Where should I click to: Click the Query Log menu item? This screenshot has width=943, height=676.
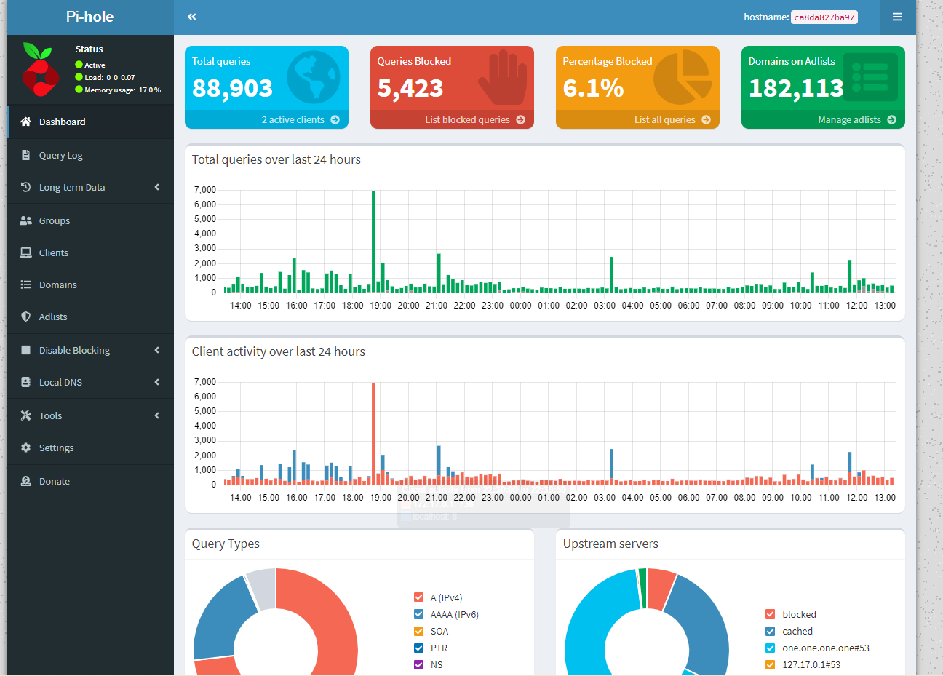(x=60, y=155)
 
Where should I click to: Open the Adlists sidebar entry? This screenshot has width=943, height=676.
(x=52, y=317)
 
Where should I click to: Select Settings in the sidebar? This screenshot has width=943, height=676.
(x=56, y=448)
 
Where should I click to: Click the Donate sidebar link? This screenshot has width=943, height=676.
(x=54, y=481)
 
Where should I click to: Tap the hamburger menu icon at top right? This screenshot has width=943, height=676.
(x=897, y=17)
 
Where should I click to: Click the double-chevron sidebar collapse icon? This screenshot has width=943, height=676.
(x=191, y=17)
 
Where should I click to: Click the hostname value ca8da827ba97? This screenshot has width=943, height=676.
(x=824, y=17)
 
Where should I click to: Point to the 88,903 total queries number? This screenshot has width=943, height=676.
(x=232, y=88)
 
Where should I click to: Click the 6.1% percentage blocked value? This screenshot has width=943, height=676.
(x=593, y=88)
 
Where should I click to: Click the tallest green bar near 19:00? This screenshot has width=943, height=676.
(x=373, y=240)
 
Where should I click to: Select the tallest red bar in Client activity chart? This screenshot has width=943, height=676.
(x=373, y=433)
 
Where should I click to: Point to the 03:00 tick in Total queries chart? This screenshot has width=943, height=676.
(x=605, y=306)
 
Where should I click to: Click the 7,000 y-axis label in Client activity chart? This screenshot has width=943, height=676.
(x=204, y=382)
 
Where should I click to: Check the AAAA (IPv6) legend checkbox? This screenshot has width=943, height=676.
(x=418, y=614)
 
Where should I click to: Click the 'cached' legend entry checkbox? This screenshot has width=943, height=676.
(x=770, y=631)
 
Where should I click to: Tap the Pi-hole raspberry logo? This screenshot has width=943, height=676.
(x=40, y=70)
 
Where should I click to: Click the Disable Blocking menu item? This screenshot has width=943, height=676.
(x=74, y=350)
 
